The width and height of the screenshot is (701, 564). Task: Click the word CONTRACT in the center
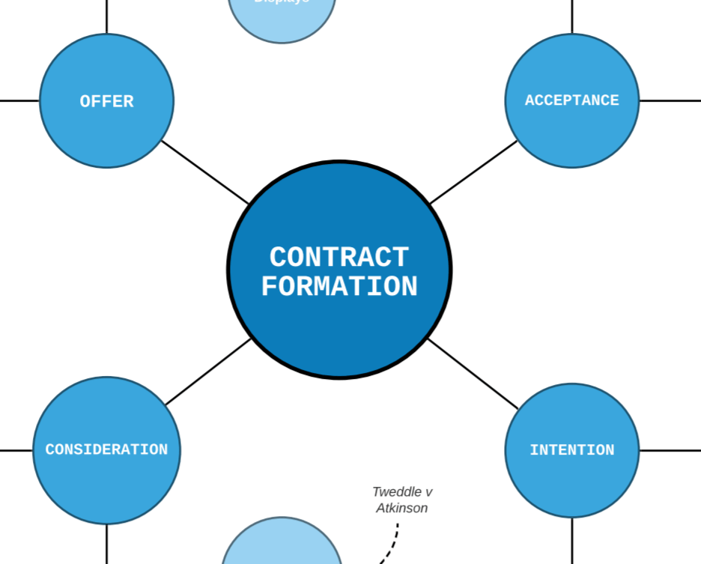(x=339, y=258)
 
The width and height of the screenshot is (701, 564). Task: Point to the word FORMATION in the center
(x=339, y=287)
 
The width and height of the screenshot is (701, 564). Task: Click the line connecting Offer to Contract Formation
(x=204, y=172)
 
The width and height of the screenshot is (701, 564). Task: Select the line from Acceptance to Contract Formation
(x=473, y=172)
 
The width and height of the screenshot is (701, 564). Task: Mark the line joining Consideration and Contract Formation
(x=208, y=372)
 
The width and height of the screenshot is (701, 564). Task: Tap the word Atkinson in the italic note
(x=402, y=508)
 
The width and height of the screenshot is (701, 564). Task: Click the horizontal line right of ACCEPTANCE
(x=670, y=100)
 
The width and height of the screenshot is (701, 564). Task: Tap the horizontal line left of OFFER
(x=19, y=100)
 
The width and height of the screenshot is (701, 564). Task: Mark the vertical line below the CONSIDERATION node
(x=106, y=544)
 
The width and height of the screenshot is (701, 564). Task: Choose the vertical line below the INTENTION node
(x=572, y=541)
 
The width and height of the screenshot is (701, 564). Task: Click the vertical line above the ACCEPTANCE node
(x=572, y=16)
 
